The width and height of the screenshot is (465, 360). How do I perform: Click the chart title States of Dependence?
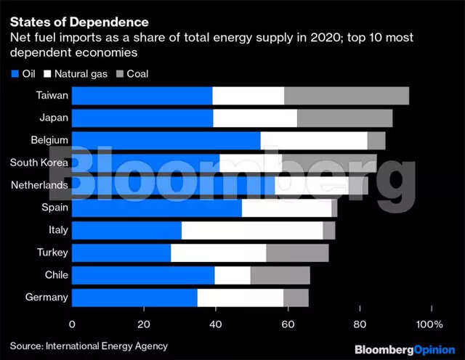pyautogui.click(x=78, y=22)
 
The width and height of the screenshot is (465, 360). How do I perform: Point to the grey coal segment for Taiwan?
pyautogui.click(x=347, y=96)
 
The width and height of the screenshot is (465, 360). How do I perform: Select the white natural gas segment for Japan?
pyautogui.click(x=255, y=118)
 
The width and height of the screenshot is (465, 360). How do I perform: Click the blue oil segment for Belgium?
pyautogui.click(x=166, y=141)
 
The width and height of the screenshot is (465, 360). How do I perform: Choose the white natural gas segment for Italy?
pyautogui.click(x=252, y=230)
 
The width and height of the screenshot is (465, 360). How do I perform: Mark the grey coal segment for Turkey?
pyautogui.click(x=297, y=253)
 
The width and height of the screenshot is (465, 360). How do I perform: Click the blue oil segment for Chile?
pyautogui.click(x=143, y=275)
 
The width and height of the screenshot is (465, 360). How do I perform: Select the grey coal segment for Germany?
pyautogui.click(x=296, y=298)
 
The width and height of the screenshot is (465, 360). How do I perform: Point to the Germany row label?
pyautogui.click(x=46, y=298)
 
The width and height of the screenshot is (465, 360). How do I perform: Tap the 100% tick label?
pyautogui.click(x=429, y=323)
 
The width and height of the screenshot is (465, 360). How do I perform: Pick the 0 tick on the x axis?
pyautogui.click(x=73, y=323)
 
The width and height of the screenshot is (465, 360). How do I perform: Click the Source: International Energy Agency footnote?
pyautogui.click(x=89, y=346)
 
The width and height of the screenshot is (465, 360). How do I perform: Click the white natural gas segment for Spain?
pyautogui.click(x=286, y=208)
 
